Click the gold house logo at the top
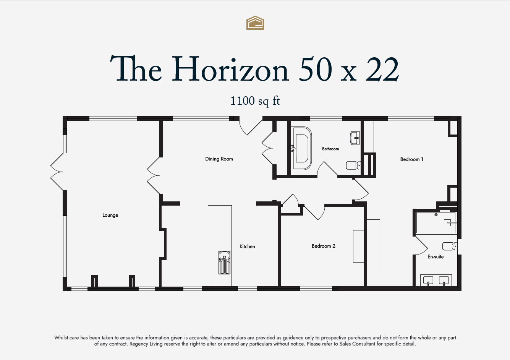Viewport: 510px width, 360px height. pyautogui.click(x=255, y=23)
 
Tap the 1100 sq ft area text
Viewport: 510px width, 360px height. pyautogui.click(x=255, y=101)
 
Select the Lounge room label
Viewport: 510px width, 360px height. pyautogui.click(x=110, y=215)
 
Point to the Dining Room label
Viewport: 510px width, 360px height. pyautogui.click(x=219, y=159)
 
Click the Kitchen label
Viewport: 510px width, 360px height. pyautogui.click(x=247, y=246)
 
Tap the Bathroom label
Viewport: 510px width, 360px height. pyautogui.click(x=330, y=149)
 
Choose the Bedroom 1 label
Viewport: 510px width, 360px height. pyautogui.click(x=412, y=159)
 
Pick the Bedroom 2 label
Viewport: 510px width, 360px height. pyautogui.click(x=324, y=246)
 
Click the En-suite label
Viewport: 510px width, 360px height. pyautogui.click(x=436, y=257)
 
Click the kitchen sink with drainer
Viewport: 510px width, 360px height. pyautogui.click(x=224, y=263)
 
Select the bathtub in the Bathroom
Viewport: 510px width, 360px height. pyautogui.click(x=301, y=148)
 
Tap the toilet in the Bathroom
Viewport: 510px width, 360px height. pyautogui.click(x=353, y=165)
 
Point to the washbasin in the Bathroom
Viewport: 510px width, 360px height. pyautogui.click(x=355, y=138)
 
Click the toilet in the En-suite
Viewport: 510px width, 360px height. pyautogui.click(x=450, y=246)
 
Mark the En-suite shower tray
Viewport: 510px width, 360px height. pyautogui.click(x=436, y=223)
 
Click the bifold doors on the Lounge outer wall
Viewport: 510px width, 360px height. pyautogui.click(x=57, y=172)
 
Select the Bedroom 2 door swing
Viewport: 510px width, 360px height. pyautogui.click(x=314, y=212)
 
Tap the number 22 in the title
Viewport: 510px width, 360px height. pyautogui.click(x=382, y=69)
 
